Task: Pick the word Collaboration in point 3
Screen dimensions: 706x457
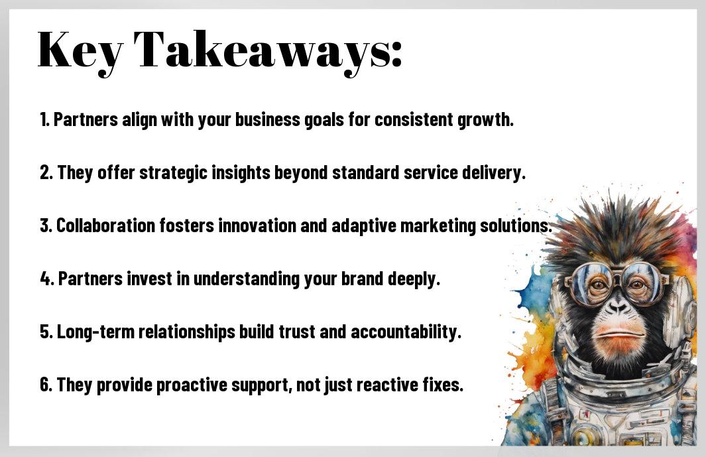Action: pos(105,226)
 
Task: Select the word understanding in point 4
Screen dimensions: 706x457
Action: pos(247,279)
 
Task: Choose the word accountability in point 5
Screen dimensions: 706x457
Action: pos(406,332)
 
